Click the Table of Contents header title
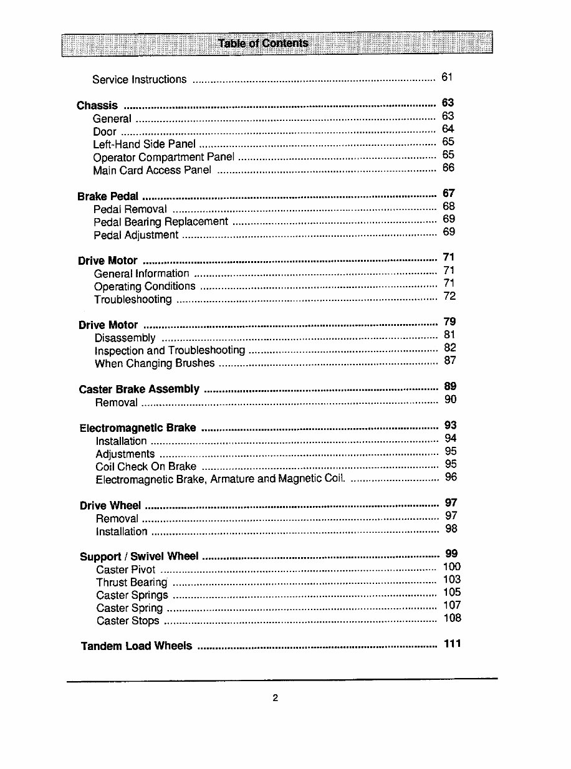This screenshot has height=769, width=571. [x=263, y=43]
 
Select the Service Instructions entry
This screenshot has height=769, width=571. [x=139, y=80]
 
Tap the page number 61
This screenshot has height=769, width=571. [x=446, y=77]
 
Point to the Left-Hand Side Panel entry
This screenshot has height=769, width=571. [x=144, y=145]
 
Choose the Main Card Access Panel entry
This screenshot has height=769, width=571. [x=152, y=170]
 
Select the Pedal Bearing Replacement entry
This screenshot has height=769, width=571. [x=161, y=222]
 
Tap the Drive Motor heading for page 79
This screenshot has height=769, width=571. [x=108, y=325]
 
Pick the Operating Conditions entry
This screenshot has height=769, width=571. [x=145, y=287]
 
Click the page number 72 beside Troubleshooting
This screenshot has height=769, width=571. [x=449, y=296]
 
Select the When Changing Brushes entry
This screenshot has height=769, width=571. [x=155, y=363]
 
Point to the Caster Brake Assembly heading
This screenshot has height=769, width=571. [x=139, y=389]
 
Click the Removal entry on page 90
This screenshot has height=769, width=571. [x=117, y=403]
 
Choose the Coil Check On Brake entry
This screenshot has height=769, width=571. [x=146, y=467]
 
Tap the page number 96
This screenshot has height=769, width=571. [x=451, y=477]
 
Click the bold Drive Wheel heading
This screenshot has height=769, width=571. [x=110, y=505]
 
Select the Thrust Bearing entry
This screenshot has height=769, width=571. [x=132, y=583]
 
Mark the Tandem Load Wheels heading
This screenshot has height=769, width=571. [x=137, y=646]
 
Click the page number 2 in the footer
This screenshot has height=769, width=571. [x=275, y=698]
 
